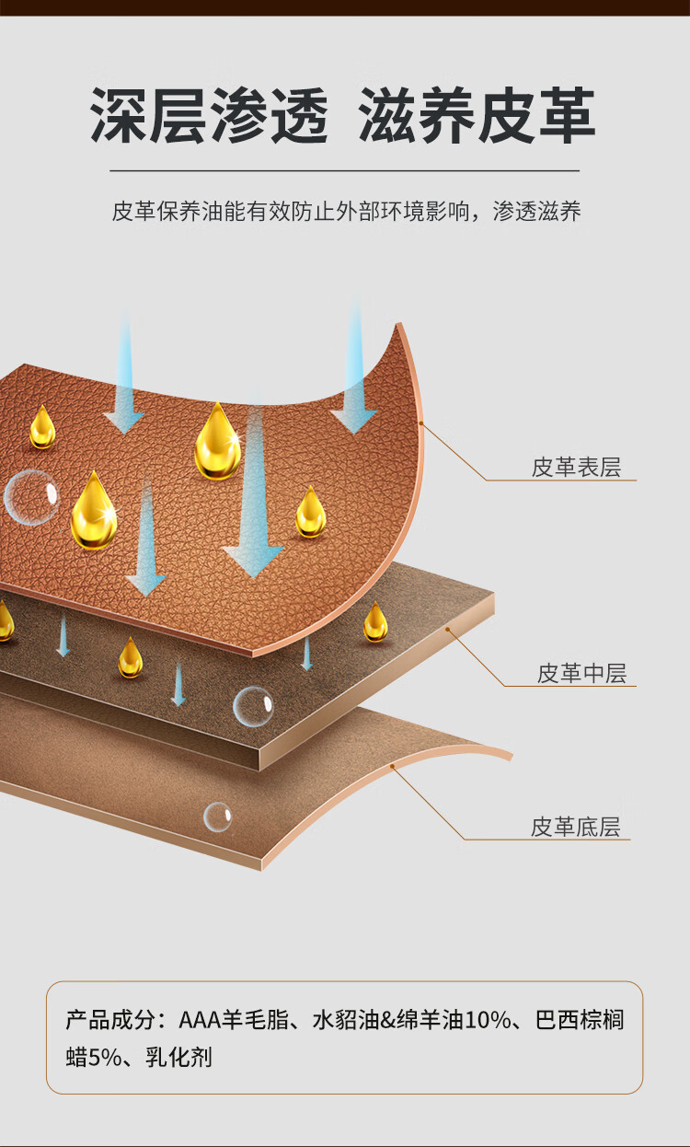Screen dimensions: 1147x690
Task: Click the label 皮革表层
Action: tap(576, 468)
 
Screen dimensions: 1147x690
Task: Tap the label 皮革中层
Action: tap(581, 674)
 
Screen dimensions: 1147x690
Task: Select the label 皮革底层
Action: tap(576, 827)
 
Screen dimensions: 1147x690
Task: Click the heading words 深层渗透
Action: tap(209, 117)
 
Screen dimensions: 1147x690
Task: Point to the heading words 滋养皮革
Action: tap(477, 117)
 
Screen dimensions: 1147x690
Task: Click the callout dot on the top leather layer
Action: tap(420, 423)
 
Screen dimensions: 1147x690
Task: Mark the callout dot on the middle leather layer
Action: tap(448, 630)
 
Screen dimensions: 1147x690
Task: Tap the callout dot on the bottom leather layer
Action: tap(393, 766)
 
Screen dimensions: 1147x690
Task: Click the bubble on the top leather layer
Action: tap(30, 497)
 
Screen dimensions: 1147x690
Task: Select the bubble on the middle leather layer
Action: tap(252, 707)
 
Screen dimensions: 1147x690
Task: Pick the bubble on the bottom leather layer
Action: tap(218, 817)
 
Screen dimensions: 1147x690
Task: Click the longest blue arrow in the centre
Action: tap(253, 488)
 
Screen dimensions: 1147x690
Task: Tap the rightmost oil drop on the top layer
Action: tap(311, 512)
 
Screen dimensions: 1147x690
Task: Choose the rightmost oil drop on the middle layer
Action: tap(374, 622)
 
